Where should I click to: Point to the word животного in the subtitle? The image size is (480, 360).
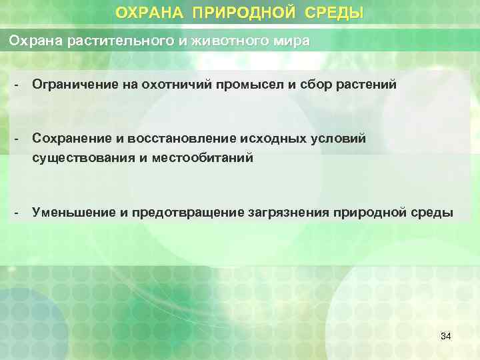point(222,41)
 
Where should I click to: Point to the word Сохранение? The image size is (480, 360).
point(69,137)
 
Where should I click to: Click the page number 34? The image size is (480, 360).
point(445,336)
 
